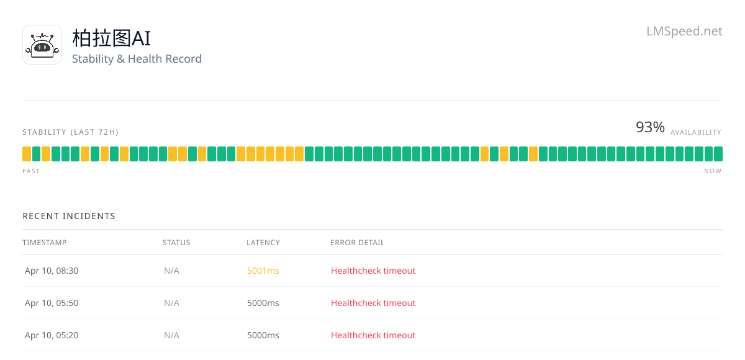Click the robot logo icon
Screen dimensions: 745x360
(42, 45)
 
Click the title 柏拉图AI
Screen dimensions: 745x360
(111, 38)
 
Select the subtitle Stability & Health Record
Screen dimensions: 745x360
(137, 59)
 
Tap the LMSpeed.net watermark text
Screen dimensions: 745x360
(684, 31)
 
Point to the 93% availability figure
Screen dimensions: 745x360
(650, 127)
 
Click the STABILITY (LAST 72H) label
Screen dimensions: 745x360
(71, 132)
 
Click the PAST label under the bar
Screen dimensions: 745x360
(31, 171)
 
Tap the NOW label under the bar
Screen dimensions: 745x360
(713, 171)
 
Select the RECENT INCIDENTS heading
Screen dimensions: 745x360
(69, 216)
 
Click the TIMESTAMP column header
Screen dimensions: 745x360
(45, 243)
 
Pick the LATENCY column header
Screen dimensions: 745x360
(263, 243)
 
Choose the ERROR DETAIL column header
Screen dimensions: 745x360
(357, 243)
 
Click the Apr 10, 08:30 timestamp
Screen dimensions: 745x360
(52, 271)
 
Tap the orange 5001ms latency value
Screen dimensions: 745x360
(263, 271)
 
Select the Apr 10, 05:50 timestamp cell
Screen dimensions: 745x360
(52, 303)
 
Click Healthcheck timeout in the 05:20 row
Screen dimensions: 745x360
(373, 335)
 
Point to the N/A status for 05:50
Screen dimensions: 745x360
(171, 303)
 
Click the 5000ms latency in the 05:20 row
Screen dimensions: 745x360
(263, 335)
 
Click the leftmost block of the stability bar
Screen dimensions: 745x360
(27, 154)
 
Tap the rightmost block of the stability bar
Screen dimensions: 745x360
(718, 154)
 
